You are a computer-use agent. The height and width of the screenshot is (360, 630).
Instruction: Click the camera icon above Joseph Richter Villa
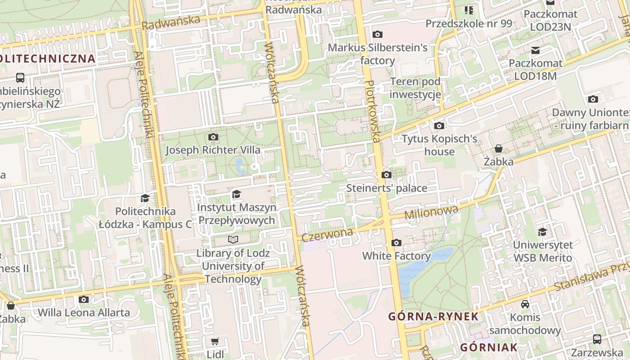pyautogui.click(x=213, y=137)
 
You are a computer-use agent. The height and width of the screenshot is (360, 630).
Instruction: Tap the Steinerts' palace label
pyautogui.click(x=387, y=188)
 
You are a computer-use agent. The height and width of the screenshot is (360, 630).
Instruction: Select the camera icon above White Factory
pyautogui.click(x=396, y=243)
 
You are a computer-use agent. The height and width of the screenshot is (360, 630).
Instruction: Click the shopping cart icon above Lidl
pyautogui.click(x=215, y=342)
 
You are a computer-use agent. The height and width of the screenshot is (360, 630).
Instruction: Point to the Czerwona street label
pyautogui.click(x=327, y=234)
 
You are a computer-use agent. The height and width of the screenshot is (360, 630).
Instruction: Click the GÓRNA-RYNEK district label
pyautogui.click(x=433, y=316)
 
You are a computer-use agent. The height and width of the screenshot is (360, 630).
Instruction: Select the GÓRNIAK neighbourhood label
pyautogui.click(x=489, y=347)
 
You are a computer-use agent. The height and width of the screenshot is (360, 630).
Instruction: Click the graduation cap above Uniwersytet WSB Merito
pyautogui.click(x=543, y=232)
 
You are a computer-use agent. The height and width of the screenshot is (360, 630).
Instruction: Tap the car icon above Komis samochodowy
pyautogui.click(x=525, y=304)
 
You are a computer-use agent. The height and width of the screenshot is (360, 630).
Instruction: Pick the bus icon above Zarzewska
pyautogui.click(x=597, y=339)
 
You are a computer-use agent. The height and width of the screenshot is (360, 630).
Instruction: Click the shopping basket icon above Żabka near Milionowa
pyautogui.click(x=499, y=148)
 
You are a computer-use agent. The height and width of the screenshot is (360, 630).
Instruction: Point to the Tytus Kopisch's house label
pyautogui.click(x=439, y=145)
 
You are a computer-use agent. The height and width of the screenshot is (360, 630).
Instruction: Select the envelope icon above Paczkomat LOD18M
pyautogui.click(x=535, y=50)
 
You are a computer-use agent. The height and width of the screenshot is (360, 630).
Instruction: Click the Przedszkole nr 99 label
pyautogui.click(x=468, y=23)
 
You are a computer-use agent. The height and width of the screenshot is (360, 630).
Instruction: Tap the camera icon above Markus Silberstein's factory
pyautogui.click(x=378, y=34)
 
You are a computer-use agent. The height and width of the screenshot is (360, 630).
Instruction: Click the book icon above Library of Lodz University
pyautogui.click(x=233, y=239)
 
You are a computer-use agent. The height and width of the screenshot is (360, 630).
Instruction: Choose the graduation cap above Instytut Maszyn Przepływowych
pyautogui.click(x=236, y=194)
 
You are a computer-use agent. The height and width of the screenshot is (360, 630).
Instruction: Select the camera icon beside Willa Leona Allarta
pyautogui.click(x=83, y=299)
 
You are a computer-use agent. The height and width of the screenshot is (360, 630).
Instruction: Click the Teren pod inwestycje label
pyautogui.click(x=415, y=88)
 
